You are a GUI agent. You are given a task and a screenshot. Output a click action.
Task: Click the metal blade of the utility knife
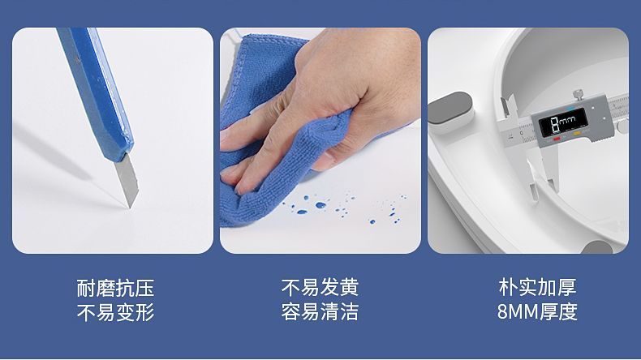click(127, 181)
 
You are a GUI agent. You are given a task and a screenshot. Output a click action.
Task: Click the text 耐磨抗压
click(115, 288)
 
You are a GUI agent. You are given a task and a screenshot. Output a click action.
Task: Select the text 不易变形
click(115, 313)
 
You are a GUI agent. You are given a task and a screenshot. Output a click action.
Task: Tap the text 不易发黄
click(320, 287)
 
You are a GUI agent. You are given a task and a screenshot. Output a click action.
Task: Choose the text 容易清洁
click(320, 312)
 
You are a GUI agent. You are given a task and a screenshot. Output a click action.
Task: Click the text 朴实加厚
click(537, 287)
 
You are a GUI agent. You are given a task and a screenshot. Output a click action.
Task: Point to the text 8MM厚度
click(537, 312)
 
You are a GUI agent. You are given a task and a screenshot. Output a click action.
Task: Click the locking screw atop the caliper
click(578, 94)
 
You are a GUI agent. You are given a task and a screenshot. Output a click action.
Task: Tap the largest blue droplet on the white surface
click(320, 205)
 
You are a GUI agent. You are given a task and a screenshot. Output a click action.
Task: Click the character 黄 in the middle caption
click(349, 287)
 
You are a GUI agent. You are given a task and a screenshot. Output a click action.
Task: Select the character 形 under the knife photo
click(144, 313)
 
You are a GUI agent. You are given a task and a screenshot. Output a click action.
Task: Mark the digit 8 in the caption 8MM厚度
click(502, 312)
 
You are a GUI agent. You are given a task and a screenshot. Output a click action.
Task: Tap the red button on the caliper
click(557, 139)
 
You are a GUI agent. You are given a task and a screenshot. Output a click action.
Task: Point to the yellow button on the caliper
click(577, 134)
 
